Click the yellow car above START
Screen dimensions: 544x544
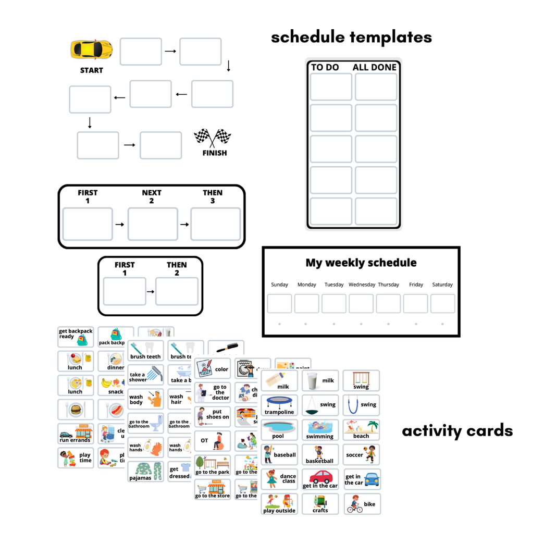pyautogui.click(x=91, y=50)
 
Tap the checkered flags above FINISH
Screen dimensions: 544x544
pyautogui.click(x=213, y=138)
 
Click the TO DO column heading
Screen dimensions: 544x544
pyautogui.click(x=325, y=67)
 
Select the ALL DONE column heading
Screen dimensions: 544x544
pyautogui.click(x=374, y=67)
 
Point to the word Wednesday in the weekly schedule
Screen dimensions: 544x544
pyautogui.click(x=362, y=285)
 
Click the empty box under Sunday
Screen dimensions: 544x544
pyautogui.click(x=279, y=303)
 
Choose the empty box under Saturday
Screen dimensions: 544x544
pyautogui.click(x=442, y=303)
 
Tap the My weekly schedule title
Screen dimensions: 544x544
pyautogui.click(x=361, y=263)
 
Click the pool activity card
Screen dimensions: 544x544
pyautogui.click(x=279, y=430)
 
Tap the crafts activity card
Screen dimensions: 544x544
pyautogui.click(x=320, y=504)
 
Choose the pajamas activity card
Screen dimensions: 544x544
pyautogui.click(x=145, y=471)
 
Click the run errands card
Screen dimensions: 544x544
pyautogui.click(x=75, y=434)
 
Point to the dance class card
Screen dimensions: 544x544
pyautogui.click(x=279, y=479)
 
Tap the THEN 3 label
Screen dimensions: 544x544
pyautogui.click(x=213, y=196)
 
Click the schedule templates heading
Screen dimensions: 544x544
pyautogui.click(x=351, y=37)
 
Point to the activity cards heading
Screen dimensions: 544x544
pyautogui.click(x=457, y=431)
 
